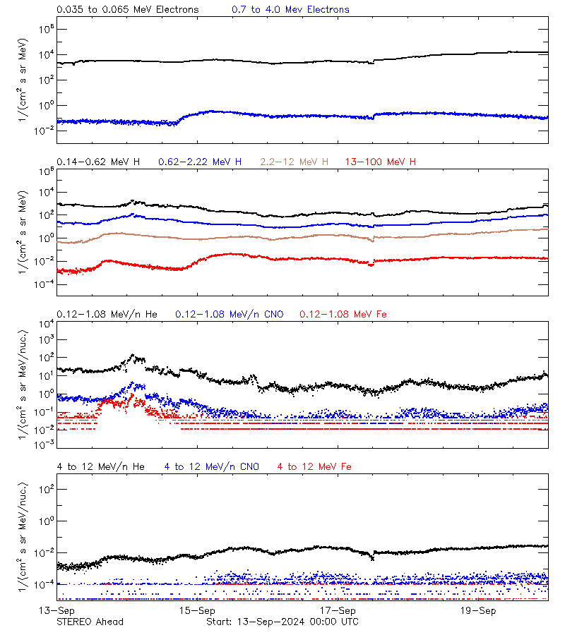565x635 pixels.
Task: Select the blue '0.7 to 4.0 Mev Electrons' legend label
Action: coord(290,9)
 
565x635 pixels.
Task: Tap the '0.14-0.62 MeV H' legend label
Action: coord(98,162)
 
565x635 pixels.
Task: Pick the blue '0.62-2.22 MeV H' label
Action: coord(200,162)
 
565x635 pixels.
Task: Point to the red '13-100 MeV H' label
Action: coord(381,162)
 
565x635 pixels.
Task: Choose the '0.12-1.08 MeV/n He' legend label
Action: coord(110,314)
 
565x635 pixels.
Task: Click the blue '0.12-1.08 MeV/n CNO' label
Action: coord(230,314)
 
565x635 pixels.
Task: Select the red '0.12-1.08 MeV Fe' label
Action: coord(343,314)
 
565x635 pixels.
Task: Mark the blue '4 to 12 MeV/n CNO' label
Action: coord(212,466)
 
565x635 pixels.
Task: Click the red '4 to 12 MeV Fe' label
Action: coord(314,466)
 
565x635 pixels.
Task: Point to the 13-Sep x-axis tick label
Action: coord(56,610)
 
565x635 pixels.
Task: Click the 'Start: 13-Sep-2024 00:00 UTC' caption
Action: coord(282,622)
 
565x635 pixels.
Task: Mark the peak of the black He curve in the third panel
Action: coord(133,356)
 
